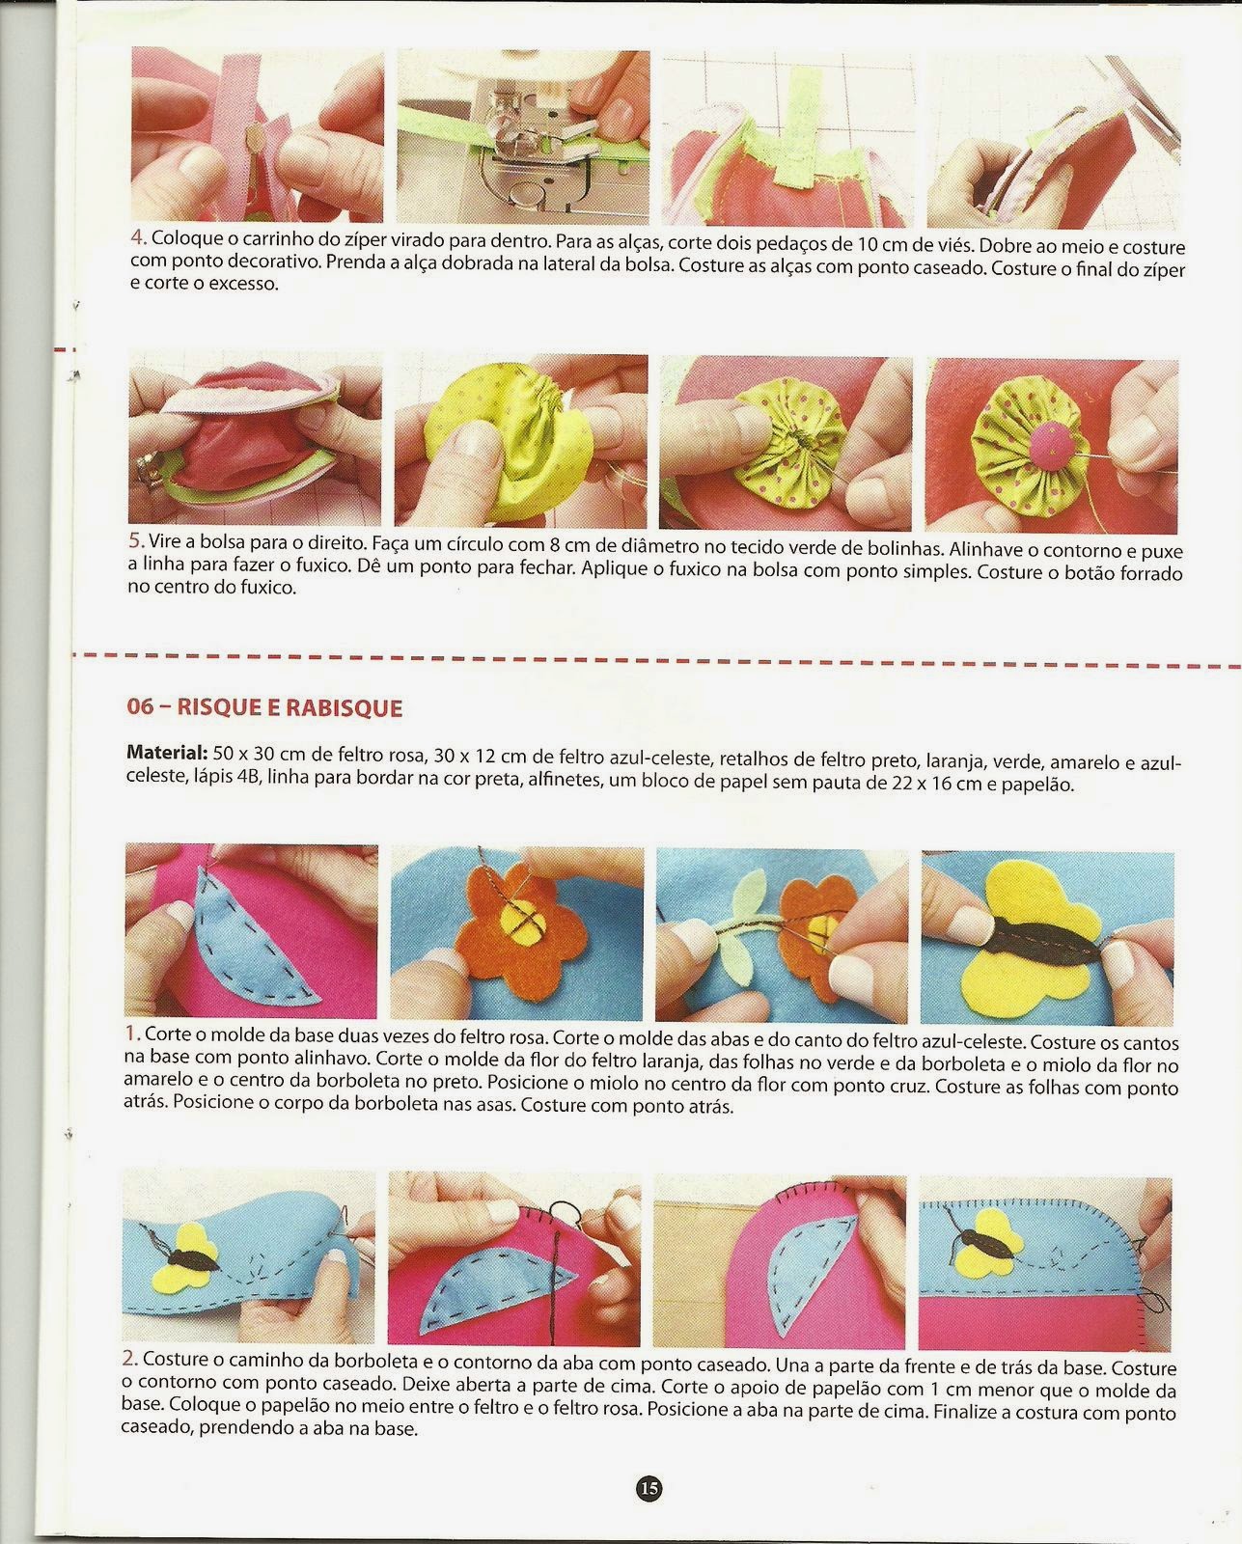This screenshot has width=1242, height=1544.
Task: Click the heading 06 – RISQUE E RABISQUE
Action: pyautogui.click(x=264, y=707)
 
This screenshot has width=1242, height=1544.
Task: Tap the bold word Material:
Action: pyautogui.click(x=166, y=753)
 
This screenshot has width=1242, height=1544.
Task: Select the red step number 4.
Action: pyautogui.click(x=138, y=237)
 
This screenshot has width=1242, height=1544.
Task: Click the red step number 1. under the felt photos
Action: pyautogui.click(x=132, y=1034)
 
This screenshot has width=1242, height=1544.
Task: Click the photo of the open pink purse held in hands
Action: pyautogui.click(x=255, y=437)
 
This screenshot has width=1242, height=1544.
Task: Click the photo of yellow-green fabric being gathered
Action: pyautogui.click(x=520, y=440)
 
